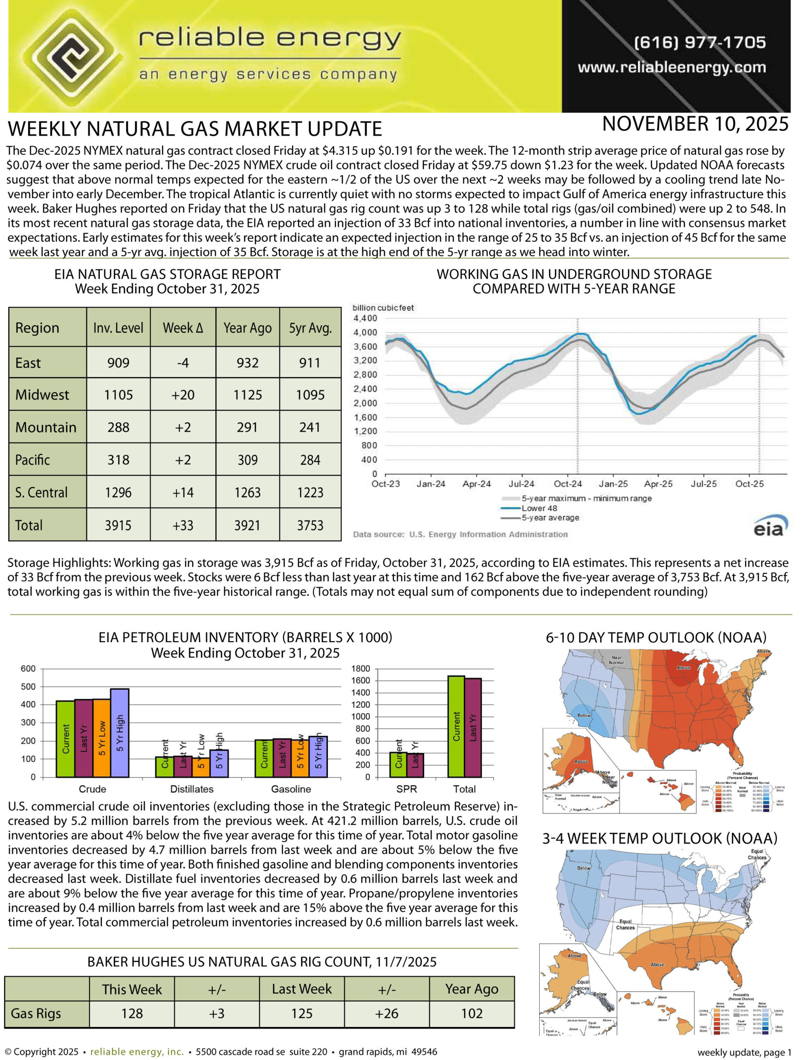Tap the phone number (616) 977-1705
tap(699, 42)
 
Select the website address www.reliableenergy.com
tap(671, 67)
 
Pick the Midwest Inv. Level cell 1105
tap(118, 395)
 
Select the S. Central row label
tap(41, 492)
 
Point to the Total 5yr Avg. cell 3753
tap(310, 525)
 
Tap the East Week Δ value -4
tap(183, 363)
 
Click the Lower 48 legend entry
tap(539, 508)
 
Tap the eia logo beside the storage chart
tap(771, 527)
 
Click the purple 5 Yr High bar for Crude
tap(120, 733)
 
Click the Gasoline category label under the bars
tap(291, 789)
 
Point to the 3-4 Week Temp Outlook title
tap(660, 838)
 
